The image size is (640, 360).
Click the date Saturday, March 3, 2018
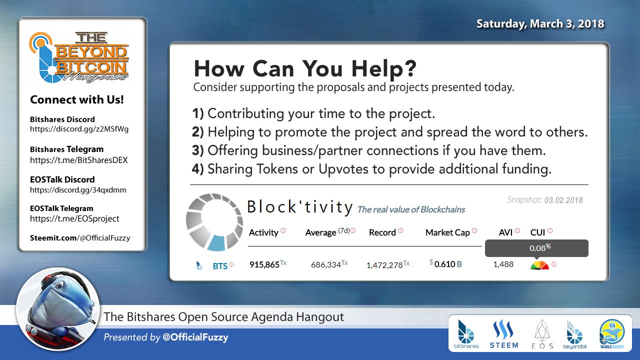click(540, 23)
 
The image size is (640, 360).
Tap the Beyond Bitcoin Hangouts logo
click(79, 57)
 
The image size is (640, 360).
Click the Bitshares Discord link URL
click(79, 129)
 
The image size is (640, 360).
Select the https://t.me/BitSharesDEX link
click(79, 160)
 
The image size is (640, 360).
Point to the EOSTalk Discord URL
click(78, 190)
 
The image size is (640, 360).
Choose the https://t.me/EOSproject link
click(74, 218)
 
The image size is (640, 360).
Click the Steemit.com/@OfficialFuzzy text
click(80, 238)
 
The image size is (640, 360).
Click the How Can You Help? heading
click(305, 69)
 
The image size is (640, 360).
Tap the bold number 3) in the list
click(197, 150)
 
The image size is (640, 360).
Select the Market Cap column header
click(447, 232)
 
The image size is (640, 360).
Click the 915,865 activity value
click(264, 264)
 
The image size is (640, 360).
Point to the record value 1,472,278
click(384, 265)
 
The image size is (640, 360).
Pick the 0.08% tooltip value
click(540, 247)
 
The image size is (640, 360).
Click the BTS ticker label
click(220, 266)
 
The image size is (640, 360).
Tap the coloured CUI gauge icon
click(539, 265)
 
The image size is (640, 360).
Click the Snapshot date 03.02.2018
click(563, 200)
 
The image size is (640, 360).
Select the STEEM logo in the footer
click(504, 334)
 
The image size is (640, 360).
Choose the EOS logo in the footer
click(542, 334)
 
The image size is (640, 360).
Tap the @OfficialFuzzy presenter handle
click(195, 337)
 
